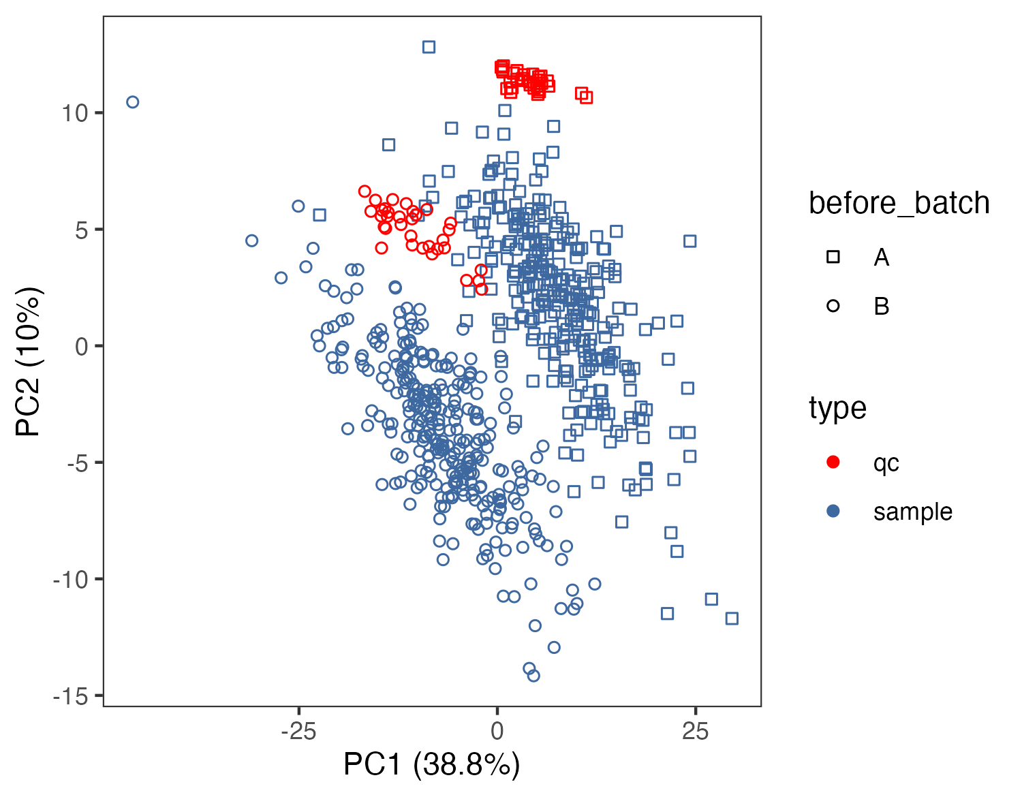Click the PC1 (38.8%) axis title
click(431, 765)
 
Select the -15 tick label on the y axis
click(71, 696)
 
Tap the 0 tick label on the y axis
click(82, 347)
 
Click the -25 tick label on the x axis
click(298, 732)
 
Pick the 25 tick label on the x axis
click(695, 732)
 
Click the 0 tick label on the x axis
click(497, 732)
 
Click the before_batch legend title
click(899, 204)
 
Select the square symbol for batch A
click(833, 257)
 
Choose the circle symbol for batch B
click(833, 307)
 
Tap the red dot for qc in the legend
click(833, 463)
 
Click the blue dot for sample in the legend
click(833, 512)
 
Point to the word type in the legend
click(837, 409)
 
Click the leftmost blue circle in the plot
click(133, 102)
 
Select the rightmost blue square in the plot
click(732, 619)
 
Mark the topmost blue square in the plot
click(429, 47)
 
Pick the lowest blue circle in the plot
click(533, 676)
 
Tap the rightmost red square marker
click(586, 97)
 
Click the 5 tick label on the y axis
click(82, 230)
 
